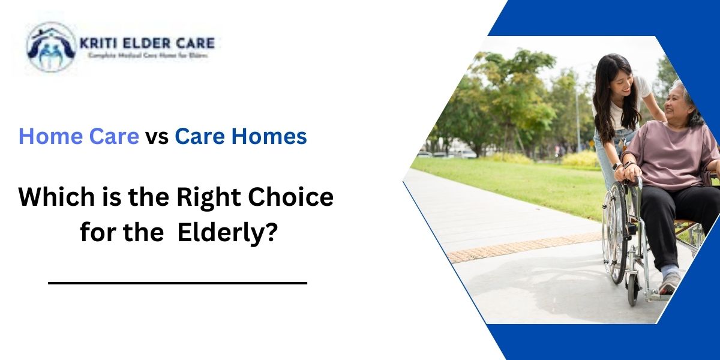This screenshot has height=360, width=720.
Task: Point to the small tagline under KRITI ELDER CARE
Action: (x=150, y=56)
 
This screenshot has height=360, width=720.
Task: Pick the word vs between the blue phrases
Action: (x=157, y=137)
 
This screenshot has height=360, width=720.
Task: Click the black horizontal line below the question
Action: (x=177, y=282)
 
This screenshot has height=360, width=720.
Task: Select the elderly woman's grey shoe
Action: (x=670, y=282)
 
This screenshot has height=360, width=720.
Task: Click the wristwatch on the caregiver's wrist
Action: (x=617, y=166)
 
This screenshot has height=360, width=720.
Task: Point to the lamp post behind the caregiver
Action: (x=578, y=114)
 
